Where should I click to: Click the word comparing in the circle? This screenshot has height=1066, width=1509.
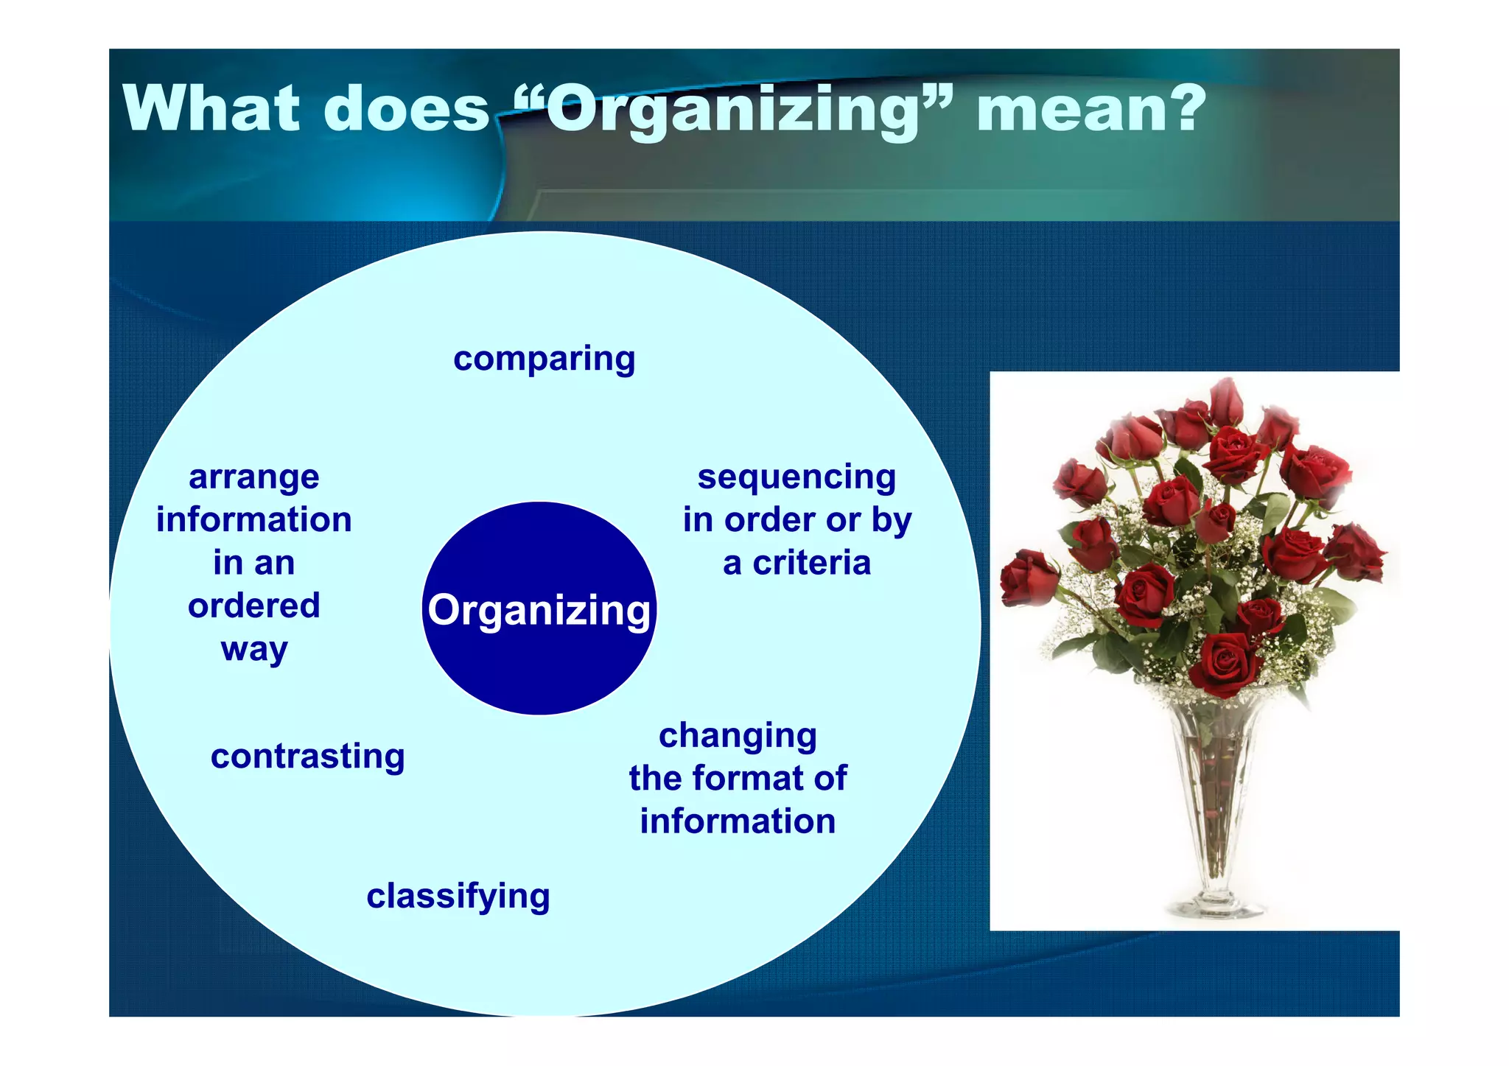(544, 359)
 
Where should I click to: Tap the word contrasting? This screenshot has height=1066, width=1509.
(308, 757)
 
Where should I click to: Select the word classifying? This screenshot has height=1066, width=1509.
(458, 897)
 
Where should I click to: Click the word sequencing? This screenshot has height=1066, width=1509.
(796, 477)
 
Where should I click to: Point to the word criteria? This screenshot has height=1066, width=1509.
(811, 563)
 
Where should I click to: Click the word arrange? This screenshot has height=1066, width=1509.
(254, 477)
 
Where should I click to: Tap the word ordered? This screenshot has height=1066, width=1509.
(254, 606)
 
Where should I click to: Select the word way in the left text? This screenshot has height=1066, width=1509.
(254, 649)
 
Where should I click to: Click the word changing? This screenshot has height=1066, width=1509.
(738, 735)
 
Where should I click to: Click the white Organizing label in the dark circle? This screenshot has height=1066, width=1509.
(539, 610)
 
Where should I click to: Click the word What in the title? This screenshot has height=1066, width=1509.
(212, 109)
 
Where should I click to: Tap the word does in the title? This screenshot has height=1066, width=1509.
(407, 109)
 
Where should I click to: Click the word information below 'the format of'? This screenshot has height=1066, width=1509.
(738, 821)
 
